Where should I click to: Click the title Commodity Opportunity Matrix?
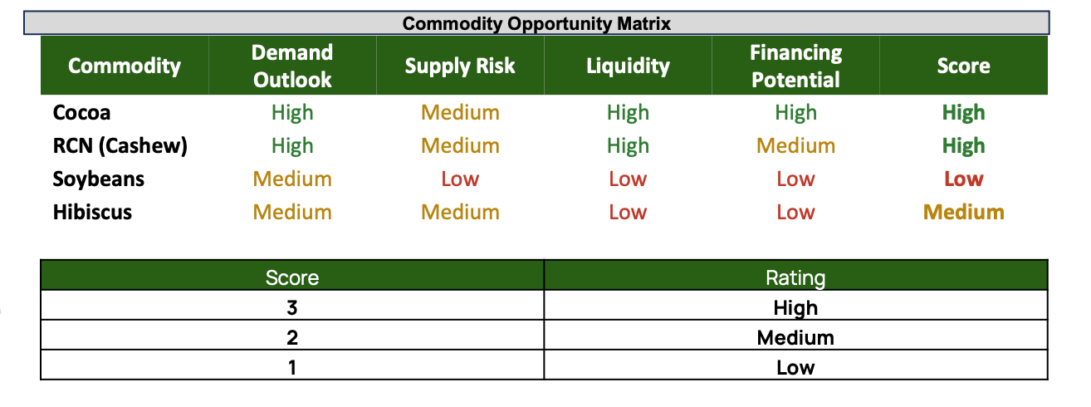[x=536, y=23]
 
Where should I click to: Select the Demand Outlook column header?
[x=292, y=66]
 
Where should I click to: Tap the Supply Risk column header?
[x=460, y=66]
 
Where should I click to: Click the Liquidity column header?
[x=628, y=66]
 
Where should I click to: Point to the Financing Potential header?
[x=796, y=66]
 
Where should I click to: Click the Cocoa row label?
[x=82, y=113]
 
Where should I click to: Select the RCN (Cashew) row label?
[x=120, y=145]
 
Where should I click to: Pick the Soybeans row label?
[x=98, y=179]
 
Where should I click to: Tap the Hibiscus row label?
[x=92, y=212]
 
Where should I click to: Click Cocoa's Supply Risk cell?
[x=460, y=113]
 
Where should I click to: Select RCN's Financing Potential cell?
[x=796, y=145]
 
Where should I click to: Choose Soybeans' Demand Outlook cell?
[x=292, y=179]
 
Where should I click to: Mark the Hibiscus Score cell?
[x=964, y=212]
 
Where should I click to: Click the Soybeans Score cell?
[x=964, y=179]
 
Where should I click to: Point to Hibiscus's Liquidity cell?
[x=628, y=212]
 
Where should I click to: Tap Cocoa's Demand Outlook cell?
[x=292, y=113]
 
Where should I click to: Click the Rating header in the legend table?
[x=795, y=277]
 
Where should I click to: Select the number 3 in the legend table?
[x=292, y=308]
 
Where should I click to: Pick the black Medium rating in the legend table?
[x=795, y=338]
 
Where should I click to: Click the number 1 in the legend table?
[x=292, y=367]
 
